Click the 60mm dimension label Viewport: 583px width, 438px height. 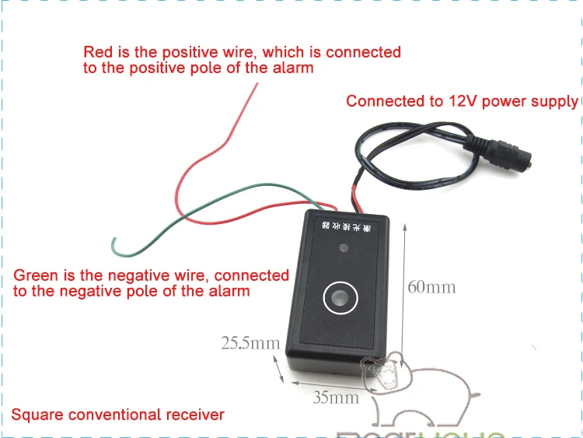click(431, 287)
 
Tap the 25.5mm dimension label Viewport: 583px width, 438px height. click(250, 342)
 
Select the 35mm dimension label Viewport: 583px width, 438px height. click(336, 398)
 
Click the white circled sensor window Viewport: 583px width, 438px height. click(340, 298)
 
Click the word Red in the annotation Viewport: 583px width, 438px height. click(98, 53)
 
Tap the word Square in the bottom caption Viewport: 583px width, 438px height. click(37, 415)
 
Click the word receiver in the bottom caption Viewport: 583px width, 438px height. click(195, 415)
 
